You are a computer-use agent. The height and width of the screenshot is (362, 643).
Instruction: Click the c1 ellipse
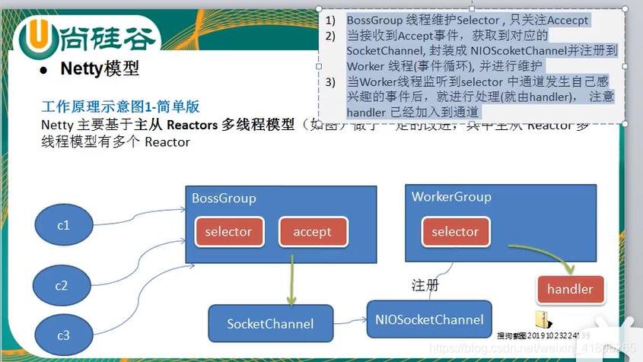click(63, 226)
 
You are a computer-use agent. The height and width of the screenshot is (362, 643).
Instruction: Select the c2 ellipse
click(61, 286)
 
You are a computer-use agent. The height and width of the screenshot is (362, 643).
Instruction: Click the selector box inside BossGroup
click(228, 232)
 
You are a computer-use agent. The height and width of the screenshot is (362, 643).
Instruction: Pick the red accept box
click(312, 232)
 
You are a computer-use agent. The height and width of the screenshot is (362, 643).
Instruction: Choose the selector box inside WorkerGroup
click(455, 232)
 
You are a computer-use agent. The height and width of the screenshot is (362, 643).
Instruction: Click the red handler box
click(570, 289)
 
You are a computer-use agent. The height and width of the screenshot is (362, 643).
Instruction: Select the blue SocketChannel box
click(270, 323)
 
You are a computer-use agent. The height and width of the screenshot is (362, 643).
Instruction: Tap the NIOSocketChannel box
click(428, 319)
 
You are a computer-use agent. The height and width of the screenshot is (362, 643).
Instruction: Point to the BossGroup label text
click(224, 198)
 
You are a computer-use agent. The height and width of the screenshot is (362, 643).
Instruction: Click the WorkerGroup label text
click(451, 197)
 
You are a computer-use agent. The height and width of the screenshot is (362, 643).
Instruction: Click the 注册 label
click(425, 285)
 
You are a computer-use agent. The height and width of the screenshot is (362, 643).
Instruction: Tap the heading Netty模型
click(100, 69)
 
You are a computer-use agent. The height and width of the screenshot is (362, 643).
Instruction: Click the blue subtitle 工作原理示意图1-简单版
click(120, 107)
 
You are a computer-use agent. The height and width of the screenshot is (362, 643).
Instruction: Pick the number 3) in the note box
click(329, 82)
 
